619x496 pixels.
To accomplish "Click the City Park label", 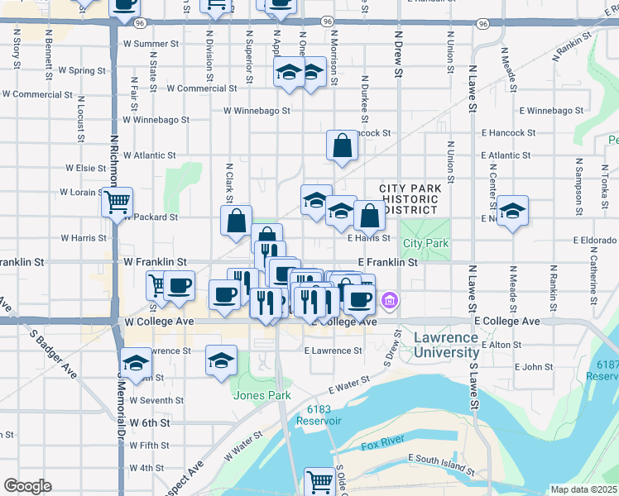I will point(426,244).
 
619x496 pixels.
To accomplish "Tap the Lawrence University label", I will point(445,346).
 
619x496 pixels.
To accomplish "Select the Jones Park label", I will point(262,395).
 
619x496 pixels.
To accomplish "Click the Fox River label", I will point(383,444).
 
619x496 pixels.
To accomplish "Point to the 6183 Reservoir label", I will point(324,415).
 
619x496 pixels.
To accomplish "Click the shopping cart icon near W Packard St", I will point(118,200).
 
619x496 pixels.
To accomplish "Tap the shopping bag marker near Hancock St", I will point(342,146).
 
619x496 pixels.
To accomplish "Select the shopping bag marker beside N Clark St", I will point(236,221).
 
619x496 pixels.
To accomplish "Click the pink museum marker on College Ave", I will point(390,301).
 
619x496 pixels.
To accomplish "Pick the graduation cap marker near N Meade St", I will point(512,211).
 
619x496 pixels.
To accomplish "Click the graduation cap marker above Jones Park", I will point(221,360).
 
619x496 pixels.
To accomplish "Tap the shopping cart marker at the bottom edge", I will point(319,481).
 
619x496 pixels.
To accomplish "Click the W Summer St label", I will point(151,44).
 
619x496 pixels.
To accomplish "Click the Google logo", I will point(27,486).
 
